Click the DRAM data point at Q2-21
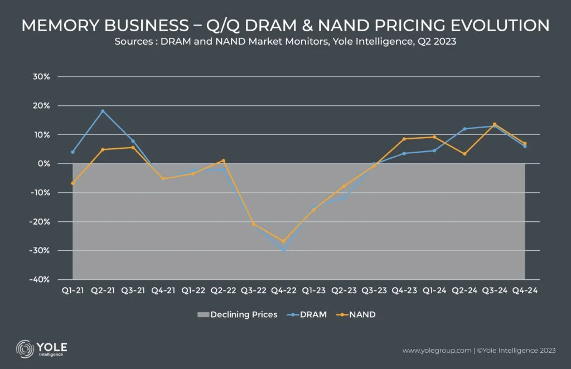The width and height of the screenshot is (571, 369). point(103,111)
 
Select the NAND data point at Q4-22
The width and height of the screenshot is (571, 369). point(283,241)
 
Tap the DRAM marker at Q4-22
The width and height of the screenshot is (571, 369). point(283,250)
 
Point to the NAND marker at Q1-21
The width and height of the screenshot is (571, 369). point(72,183)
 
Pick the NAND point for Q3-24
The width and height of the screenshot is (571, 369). point(495,124)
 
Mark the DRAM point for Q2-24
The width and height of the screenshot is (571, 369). point(464,129)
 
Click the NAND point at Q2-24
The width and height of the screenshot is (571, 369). point(464,154)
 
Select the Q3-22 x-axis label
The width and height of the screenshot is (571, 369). point(253,291)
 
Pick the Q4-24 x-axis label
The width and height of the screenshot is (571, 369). point(525,291)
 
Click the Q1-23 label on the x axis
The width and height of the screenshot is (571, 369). point(313,291)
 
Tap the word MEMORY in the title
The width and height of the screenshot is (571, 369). point(60,25)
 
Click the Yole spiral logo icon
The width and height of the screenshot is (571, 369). point(24,348)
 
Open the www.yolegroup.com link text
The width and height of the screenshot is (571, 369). point(436,351)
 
